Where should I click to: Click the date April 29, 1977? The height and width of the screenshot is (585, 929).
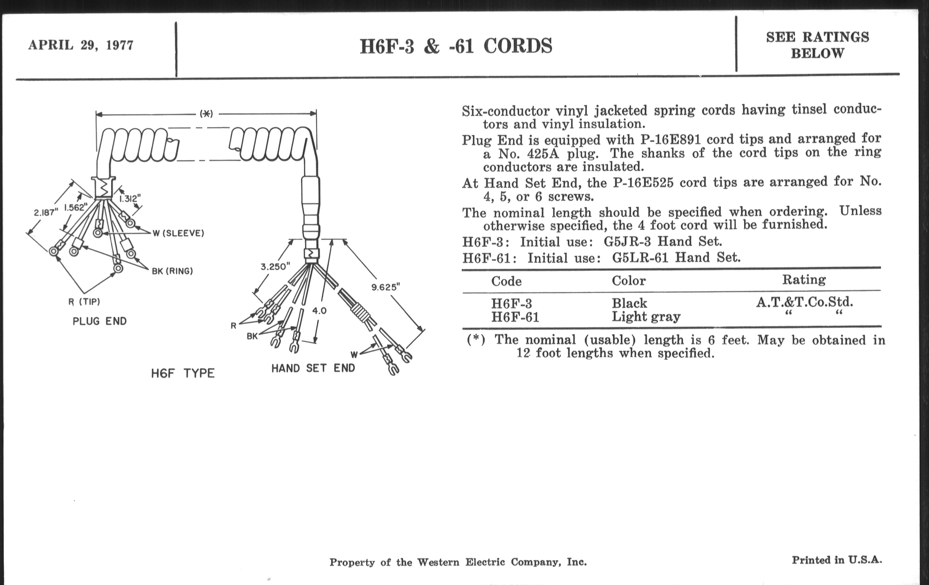click(x=81, y=45)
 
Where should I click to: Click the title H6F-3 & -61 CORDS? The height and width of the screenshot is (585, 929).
click(x=456, y=46)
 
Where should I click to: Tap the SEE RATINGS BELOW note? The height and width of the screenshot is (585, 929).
click(x=817, y=45)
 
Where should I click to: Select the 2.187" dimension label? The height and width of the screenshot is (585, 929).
click(x=46, y=212)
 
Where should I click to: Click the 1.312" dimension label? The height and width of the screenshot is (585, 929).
click(x=129, y=198)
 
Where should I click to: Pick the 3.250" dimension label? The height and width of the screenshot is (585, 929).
click(x=275, y=266)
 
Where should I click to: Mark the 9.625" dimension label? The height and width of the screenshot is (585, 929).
click(x=385, y=287)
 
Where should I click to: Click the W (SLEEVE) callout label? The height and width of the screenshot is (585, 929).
click(x=178, y=233)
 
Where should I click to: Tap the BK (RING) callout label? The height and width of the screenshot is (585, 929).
click(x=172, y=271)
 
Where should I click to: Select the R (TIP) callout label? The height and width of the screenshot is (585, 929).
click(x=84, y=302)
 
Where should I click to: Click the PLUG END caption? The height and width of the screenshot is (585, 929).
click(x=100, y=321)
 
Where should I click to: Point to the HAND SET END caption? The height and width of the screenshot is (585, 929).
click(x=313, y=368)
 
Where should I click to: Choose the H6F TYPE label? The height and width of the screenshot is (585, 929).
click(x=183, y=374)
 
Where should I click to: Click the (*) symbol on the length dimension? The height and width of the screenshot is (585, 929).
click(x=206, y=114)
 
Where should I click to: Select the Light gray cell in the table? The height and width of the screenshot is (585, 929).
click(x=646, y=317)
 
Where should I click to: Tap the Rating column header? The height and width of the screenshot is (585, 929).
click(x=804, y=279)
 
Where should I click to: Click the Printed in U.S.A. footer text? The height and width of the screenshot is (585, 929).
click(x=837, y=560)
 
